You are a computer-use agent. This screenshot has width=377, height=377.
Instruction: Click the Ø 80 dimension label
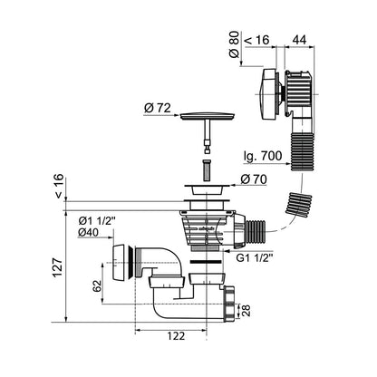tap(234, 44)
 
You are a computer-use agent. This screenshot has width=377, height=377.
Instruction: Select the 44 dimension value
tap(299, 40)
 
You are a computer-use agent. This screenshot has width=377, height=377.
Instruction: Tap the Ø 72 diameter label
tap(158, 108)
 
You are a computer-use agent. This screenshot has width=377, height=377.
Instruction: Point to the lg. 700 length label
tap(263, 156)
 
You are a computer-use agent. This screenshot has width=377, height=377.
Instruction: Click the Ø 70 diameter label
tap(254, 179)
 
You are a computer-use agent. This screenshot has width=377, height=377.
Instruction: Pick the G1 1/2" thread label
tap(255, 257)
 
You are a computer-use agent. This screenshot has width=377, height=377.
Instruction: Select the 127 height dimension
tap(57, 266)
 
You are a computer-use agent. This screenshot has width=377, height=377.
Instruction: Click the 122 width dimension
tap(176, 336)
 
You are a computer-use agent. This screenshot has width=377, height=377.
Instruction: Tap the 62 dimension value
tap(97, 285)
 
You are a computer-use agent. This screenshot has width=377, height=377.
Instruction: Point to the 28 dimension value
tap(246, 311)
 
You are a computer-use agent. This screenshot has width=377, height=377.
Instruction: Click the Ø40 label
tap(88, 232)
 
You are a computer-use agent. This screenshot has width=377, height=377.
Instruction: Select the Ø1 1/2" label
tap(97, 221)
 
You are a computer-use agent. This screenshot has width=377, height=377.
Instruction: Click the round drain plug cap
tap(208, 116)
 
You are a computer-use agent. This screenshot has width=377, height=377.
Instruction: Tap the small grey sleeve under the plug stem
tap(207, 171)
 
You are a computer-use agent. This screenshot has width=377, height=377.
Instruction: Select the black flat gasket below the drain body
tap(207, 262)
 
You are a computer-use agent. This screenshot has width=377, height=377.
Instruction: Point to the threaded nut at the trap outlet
tap(230, 304)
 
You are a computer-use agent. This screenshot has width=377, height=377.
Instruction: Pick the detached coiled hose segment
tap(299, 204)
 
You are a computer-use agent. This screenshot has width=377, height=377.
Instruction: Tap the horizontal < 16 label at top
tap(256, 40)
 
